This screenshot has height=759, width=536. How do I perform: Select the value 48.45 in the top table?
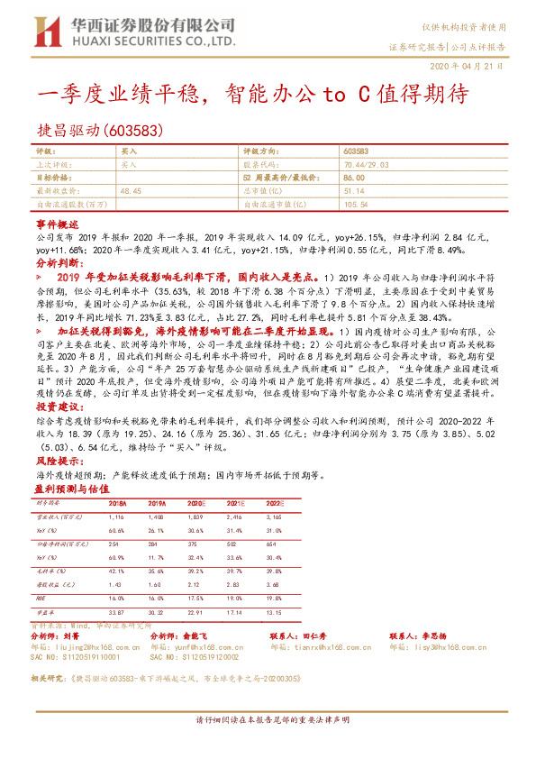point(130,192)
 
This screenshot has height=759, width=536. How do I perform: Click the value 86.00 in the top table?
point(354,179)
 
